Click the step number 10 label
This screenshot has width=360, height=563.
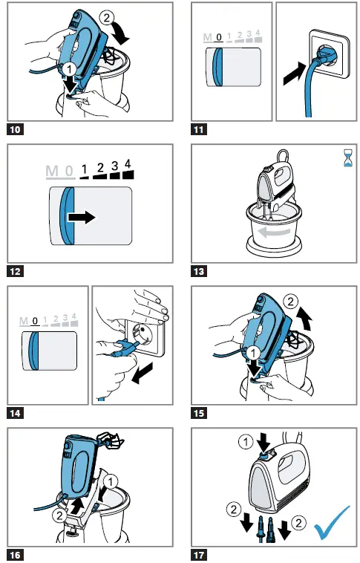point(15,128)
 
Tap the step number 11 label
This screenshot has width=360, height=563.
point(200,128)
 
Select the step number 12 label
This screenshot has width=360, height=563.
point(15,271)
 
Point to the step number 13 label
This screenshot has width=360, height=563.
point(200,271)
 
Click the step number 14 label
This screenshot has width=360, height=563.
point(15,411)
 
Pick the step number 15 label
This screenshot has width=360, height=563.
point(200,411)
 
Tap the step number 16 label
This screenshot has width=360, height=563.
point(15,554)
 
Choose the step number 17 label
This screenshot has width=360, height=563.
point(200,554)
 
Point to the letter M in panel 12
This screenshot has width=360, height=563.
point(51,172)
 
